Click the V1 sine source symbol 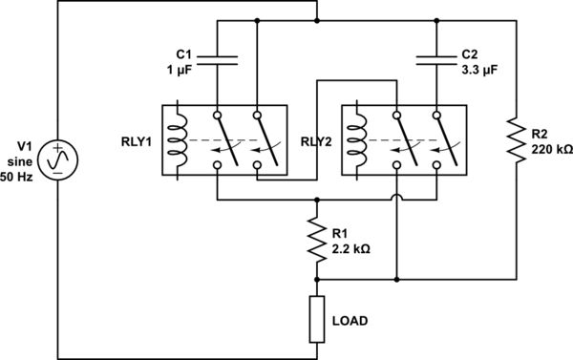[x=58, y=162]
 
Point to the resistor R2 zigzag [x=518, y=139]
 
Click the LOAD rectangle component [x=316, y=319]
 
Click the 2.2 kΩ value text [x=350, y=248]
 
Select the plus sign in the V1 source [x=58, y=150]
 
